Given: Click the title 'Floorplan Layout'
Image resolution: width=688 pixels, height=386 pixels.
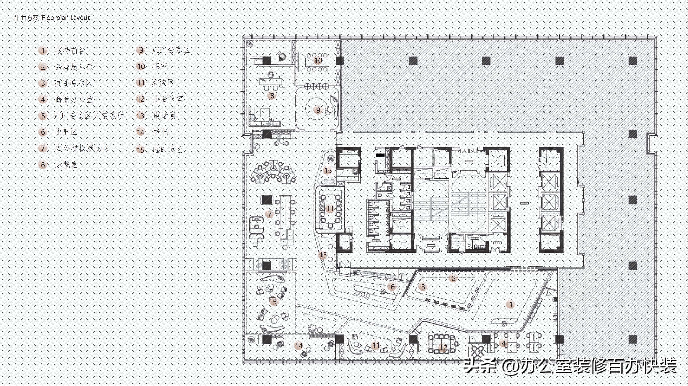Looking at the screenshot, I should point(66,18).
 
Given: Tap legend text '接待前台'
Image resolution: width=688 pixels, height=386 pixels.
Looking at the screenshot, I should point(70,50).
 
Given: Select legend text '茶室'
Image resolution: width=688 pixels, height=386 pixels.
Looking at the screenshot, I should point(160,66).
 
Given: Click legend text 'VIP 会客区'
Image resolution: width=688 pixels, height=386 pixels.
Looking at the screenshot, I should point(171,50).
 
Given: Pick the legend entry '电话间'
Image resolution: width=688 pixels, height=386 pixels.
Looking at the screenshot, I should point(165,116).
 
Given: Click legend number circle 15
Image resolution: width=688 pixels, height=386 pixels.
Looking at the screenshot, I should point(141,150).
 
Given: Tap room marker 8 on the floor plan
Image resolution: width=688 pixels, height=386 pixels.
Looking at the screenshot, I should point(272,95).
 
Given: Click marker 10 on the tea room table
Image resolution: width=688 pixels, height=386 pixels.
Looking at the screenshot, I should point(318,61).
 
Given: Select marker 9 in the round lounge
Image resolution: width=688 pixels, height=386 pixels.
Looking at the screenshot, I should point(318,110).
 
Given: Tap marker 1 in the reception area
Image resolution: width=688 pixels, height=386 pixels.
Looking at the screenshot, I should point(511,304).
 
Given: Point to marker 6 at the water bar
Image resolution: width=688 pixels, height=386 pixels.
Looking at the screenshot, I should point(392,287).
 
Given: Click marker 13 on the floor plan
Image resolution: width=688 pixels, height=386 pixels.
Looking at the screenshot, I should point(323,255).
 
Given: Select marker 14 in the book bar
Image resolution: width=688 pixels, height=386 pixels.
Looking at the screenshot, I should point(299,346).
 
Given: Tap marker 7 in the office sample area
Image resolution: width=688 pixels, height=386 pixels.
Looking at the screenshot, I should point(269,214).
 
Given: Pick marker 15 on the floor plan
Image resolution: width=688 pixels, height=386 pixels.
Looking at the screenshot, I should point(328,170).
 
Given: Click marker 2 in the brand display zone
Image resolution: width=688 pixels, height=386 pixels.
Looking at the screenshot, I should point(453,278).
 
